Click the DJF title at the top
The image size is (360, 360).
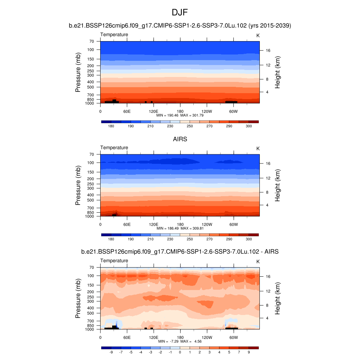point(180,13)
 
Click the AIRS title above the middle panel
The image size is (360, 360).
point(180,139)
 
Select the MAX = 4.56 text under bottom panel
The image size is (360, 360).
point(193,341)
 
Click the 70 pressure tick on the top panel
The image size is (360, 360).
point(91,41)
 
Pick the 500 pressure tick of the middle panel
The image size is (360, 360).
point(91,200)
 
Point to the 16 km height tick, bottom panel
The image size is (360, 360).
point(268,276)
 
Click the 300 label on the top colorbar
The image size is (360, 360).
point(249,126)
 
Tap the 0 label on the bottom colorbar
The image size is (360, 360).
point(180,352)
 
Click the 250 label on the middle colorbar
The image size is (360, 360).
point(189,239)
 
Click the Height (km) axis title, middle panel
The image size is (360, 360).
point(278,186)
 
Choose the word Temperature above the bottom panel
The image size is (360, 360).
point(114,261)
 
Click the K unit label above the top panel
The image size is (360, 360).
point(258,36)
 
